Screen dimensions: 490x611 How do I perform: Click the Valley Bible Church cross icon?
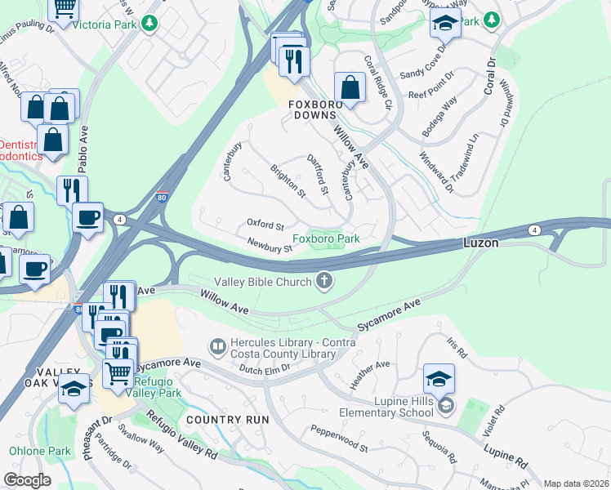point(324,282)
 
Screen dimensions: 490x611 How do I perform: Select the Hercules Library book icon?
point(217,347)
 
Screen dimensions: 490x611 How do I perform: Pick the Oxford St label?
point(265,225)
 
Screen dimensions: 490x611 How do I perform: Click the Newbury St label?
point(270,243)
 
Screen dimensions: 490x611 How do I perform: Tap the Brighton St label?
point(288,182)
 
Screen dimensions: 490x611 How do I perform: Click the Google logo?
point(26,479)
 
